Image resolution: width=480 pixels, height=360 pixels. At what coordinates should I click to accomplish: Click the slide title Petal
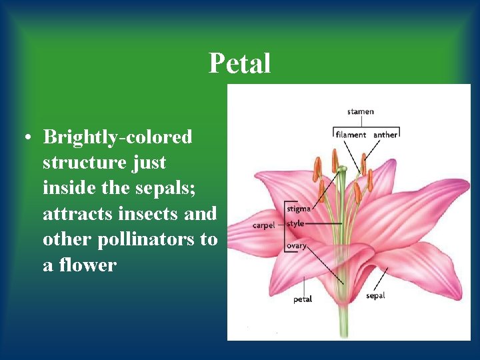coord(239,64)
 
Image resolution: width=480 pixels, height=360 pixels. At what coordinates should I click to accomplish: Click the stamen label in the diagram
coord(361,111)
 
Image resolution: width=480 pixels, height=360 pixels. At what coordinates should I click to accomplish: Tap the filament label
coord(351,135)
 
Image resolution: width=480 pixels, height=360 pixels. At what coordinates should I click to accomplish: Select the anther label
coord(385,135)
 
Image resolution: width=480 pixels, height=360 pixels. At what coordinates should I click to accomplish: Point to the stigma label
coord(299,209)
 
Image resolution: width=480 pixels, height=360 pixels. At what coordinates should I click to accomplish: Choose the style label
coord(295,223)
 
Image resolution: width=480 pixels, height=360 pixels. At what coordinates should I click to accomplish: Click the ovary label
coord(297,246)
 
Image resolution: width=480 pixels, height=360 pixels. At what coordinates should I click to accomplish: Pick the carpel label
coord(263,225)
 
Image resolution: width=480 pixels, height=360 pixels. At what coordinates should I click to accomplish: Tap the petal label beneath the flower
coord(303,299)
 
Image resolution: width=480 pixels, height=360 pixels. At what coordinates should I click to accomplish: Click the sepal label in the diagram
coord(375,295)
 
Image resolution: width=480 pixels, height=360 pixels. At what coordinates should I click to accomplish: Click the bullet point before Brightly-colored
coord(27,138)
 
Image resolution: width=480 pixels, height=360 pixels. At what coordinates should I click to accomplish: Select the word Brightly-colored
coord(117,137)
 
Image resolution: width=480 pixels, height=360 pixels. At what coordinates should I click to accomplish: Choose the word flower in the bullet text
coord(87,265)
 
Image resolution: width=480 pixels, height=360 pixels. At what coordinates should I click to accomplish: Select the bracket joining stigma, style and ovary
coord(285,227)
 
